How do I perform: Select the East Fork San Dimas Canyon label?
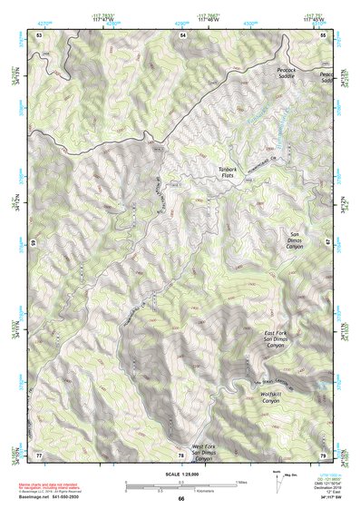pyautogui.click(x=275, y=339)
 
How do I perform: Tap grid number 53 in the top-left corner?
pyautogui.click(x=39, y=34)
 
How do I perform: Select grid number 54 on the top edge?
pyautogui.click(x=182, y=34)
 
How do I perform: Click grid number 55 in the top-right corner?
pyautogui.click(x=325, y=34)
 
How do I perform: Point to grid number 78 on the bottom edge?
pyautogui.click(x=180, y=454)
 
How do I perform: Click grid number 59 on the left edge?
pyautogui.click(x=34, y=243)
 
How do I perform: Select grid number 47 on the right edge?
pyautogui.click(x=328, y=243)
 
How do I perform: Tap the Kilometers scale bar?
pyautogui.click(x=181, y=489)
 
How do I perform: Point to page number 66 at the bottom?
pyautogui.click(x=180, y=499)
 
